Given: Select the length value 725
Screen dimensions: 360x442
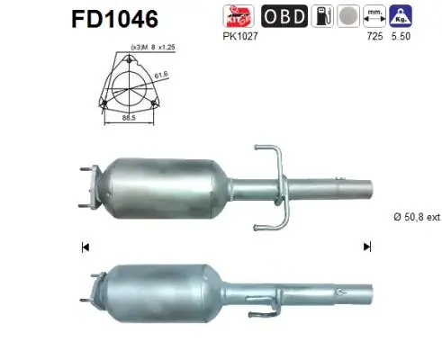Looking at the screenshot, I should click(x=369, y=38).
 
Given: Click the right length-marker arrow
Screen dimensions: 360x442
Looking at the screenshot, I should click(x=366, y=247).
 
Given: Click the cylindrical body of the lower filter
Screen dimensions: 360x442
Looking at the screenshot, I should click(x=162, y=289).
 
